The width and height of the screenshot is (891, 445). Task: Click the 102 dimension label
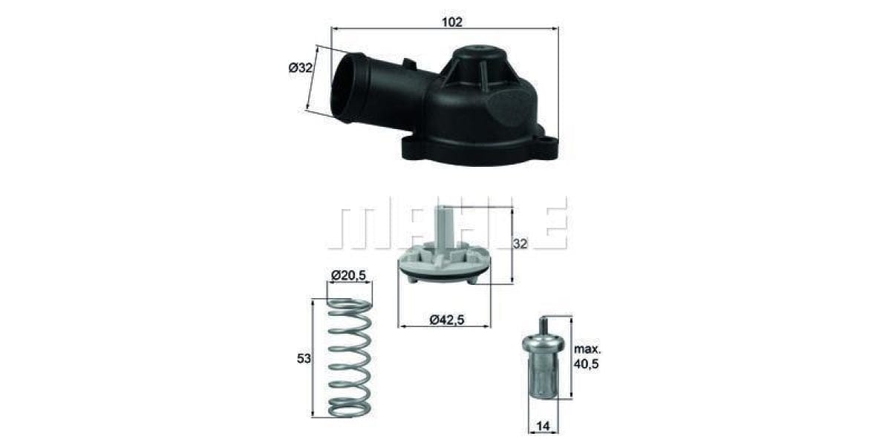(x=452, y=22)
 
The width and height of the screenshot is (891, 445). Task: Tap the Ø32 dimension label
(x=300, y=67)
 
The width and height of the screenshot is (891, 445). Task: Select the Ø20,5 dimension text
(x=349, y=277)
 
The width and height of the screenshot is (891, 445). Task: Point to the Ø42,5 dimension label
(x=445, y=320)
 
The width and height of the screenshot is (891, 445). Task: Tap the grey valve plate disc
(x=444, y=266)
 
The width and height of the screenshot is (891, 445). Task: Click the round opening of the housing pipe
(x=346, y=88)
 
